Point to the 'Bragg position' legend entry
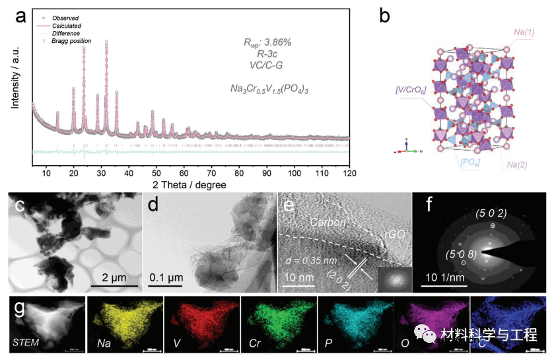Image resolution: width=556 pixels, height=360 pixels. point(71,41)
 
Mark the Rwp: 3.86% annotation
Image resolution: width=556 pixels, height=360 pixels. point(267,42)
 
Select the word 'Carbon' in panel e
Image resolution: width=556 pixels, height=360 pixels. point(328,223)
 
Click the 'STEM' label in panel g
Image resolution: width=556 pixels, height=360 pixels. point(26,343)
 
